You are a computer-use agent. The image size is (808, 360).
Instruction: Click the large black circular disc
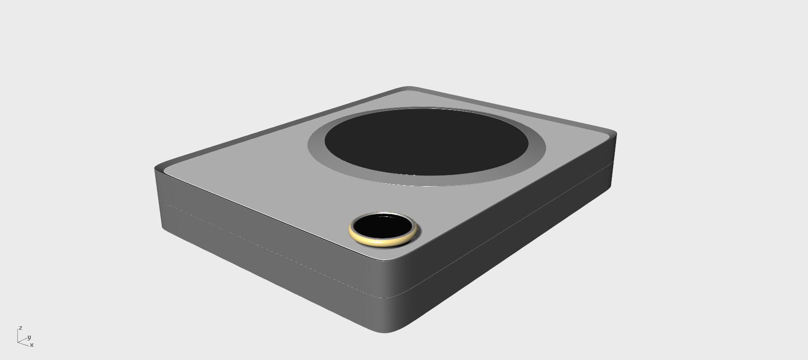[426, 142]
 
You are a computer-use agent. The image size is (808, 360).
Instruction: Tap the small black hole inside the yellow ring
[382, 227]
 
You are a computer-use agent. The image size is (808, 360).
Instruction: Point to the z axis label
[21, 328]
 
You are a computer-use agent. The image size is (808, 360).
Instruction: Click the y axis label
[29, 337]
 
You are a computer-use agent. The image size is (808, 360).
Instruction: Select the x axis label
[32, 345]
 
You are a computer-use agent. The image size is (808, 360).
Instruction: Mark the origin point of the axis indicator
[18, 341]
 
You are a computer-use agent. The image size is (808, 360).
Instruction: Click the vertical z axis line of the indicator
[18, 335]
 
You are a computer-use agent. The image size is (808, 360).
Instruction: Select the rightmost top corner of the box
[614, 133]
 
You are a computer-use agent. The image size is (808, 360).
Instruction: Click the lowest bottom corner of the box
[386, 332]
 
